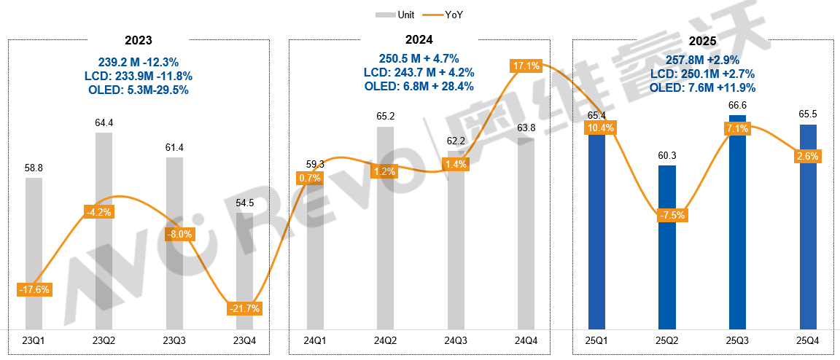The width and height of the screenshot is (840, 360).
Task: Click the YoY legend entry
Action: [x=447, y=15]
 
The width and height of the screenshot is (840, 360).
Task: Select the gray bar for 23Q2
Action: [x=104, y=240]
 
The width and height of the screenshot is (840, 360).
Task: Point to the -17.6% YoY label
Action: [x=34, y=289]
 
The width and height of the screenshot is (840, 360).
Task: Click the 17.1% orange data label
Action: [x=526, y=66]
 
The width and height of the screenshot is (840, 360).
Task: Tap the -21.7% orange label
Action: [x=244, y=308]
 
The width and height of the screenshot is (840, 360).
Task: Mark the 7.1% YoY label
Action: [x=737, y=129]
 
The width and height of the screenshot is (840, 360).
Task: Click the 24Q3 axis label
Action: [x=456, y=341]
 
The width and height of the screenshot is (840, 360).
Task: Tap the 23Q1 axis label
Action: [x=34, y=341]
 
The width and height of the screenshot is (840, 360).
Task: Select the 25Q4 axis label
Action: [x=808, y=341]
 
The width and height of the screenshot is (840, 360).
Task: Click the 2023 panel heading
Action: [x=139, y=40]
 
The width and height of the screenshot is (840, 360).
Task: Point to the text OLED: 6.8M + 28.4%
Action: [x=419, y=86]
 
